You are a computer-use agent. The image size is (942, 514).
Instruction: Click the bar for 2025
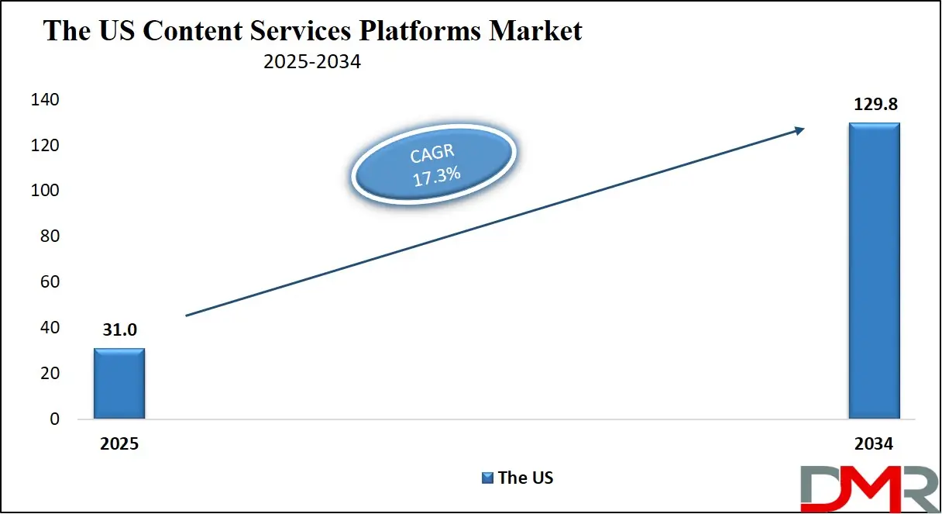[x=119, y=384]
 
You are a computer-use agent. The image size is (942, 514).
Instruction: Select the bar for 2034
[x=874, y=271]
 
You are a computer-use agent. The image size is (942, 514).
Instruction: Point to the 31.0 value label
[x=119, y=330]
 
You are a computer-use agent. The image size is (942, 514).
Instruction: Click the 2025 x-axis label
[x=119, y=445]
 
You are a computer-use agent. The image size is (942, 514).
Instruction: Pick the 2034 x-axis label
[x=874, y=445]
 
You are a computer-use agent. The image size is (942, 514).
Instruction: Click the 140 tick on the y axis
[x=45, y=100]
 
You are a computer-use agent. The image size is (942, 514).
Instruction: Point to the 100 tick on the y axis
[x=45, y=191]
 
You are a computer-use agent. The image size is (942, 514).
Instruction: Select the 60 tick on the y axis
[x=49, y=282]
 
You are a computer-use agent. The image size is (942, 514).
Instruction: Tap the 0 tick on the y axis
[x=53, y=419]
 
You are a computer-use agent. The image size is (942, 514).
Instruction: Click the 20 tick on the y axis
[x=49, y=374]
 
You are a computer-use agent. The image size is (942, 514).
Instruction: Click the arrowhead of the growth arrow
[x=797, y=131]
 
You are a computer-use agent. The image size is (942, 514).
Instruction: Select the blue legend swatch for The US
[x=488, y=478]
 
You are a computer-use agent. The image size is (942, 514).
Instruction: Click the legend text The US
[x=526, y=478]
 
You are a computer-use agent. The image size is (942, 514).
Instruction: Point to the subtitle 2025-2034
[x=311, y=62]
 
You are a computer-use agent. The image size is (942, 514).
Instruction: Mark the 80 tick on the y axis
[x=49, y=236]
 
